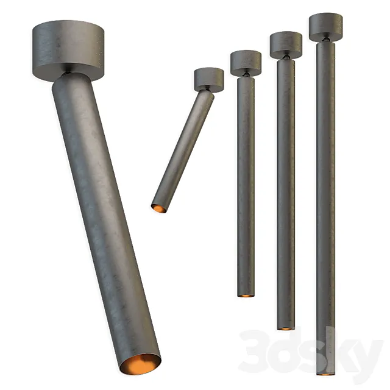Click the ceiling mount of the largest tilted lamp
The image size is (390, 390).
tap(68, 45)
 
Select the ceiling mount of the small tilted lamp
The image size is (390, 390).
tap(209, 79)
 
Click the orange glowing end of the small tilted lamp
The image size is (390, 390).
tap(158, 208)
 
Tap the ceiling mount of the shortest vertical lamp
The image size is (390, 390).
tap(246, 63)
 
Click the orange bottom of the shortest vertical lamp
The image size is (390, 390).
tap(246, 295)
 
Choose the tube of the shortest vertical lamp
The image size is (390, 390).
tap(246, 183)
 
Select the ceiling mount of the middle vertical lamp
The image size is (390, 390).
tap(286, 44)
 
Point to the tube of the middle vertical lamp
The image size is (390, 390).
tap(286, 195)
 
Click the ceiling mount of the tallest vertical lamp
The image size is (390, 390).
tap(325, 26)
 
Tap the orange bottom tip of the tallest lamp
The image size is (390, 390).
tap(325, 373)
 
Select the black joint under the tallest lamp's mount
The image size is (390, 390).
tap(327, 41)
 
